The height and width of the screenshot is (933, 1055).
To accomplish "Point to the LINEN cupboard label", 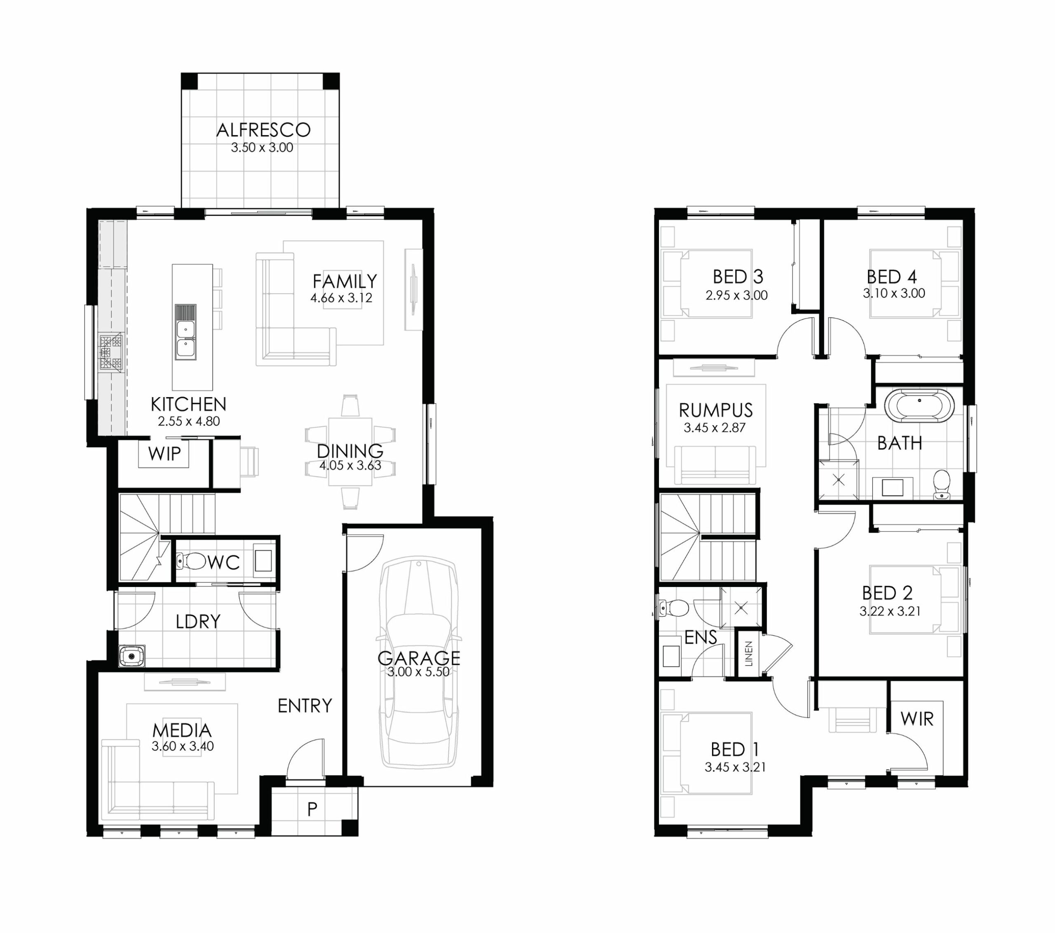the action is pyautogui.click(x=749, y=653).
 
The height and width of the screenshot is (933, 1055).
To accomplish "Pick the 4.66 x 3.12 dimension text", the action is pyautogui.click(x=341, y=298).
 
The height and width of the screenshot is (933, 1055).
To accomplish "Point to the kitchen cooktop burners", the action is pyautogui.click(x=112, y=353).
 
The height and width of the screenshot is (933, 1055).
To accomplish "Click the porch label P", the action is pyautogui.click(x=312, y=809).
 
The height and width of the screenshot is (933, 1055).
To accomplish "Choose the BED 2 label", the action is pyautogui.click(x=887, y=593).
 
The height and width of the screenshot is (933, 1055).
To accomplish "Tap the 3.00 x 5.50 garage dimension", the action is pyautogui.click(x=419, y=672).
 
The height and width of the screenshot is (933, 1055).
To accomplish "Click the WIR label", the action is pyautogui.click(x=917, y=719).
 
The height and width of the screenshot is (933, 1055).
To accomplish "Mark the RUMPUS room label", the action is pyautogui.click(x=716, y=410).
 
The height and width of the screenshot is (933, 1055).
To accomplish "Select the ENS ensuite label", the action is pyautogui.click(x=701, y=637).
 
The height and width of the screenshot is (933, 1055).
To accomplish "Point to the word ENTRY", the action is pyautogui.click(x=305, y=706).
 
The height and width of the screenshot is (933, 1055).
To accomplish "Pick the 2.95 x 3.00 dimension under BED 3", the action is pyautogui.click(x=736, y=295).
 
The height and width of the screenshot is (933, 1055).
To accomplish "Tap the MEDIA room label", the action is pyautogui.click(x=182, y=730).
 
